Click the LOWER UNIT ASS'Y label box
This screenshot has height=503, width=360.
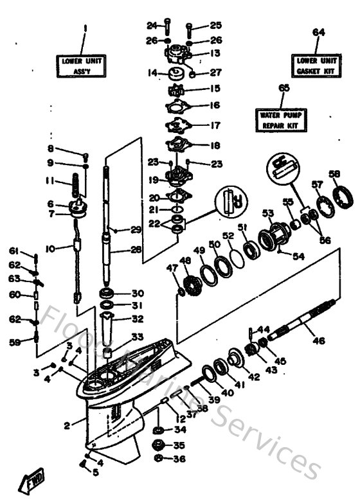coord(82,65)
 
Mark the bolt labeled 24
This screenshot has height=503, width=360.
coord(166,26)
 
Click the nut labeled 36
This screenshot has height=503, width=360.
coord(159,459)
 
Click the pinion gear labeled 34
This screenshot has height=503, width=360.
coord(159,430)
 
